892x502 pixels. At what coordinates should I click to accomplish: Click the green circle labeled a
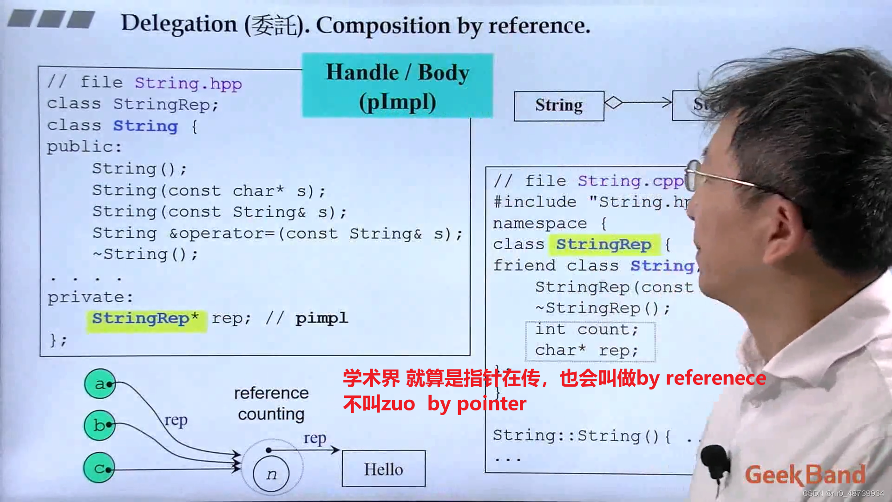100,384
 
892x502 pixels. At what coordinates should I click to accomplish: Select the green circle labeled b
99,425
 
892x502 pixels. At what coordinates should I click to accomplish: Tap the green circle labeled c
99,468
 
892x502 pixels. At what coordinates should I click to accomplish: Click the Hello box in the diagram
383,469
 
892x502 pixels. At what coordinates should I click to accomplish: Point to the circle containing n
271,474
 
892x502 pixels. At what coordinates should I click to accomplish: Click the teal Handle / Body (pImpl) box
397,86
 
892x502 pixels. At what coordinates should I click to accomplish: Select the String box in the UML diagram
559,106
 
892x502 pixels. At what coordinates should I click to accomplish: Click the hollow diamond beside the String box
613,102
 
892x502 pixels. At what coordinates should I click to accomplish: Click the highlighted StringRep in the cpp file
604,244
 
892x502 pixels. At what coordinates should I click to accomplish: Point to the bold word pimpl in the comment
321,318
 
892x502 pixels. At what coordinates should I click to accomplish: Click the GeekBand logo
805,475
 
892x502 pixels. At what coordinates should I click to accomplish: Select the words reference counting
271,403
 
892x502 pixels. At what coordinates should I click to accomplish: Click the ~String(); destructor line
145,254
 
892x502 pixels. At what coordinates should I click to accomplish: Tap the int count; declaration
587,330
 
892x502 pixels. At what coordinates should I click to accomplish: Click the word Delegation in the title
179,24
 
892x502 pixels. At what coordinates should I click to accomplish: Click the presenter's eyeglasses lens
692,175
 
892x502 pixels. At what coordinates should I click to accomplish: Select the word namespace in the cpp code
540,224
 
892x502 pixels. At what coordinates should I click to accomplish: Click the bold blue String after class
145,126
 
